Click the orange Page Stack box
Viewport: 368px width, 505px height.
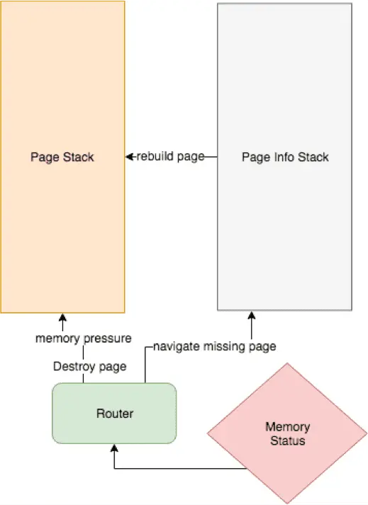click(62, 157)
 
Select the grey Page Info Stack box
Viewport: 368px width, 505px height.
click(284, 157)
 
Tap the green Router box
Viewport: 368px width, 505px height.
click(114, 414)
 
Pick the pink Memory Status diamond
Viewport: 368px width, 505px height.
click(287, 433)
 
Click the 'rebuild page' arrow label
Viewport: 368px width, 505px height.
click(171, 156)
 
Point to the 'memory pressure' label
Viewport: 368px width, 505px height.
click(84, 338)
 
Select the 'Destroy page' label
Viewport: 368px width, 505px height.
click(90, 367)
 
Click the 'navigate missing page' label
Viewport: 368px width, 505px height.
click(214, 347)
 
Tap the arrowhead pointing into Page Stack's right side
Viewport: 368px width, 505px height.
click(129, 157)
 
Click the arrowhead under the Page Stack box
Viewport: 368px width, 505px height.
click(62, 317)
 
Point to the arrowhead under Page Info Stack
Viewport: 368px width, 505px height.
click(252, 316)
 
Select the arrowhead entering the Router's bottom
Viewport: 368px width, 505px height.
click(114, 448)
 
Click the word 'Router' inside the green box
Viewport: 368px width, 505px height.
click(115, 414)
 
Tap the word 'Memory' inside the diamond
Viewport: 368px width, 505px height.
click(287, 427)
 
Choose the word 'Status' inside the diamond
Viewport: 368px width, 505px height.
click(287, 440)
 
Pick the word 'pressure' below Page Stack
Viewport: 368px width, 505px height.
click(108, 338)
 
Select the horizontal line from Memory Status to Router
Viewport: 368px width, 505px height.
click(181, 468)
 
